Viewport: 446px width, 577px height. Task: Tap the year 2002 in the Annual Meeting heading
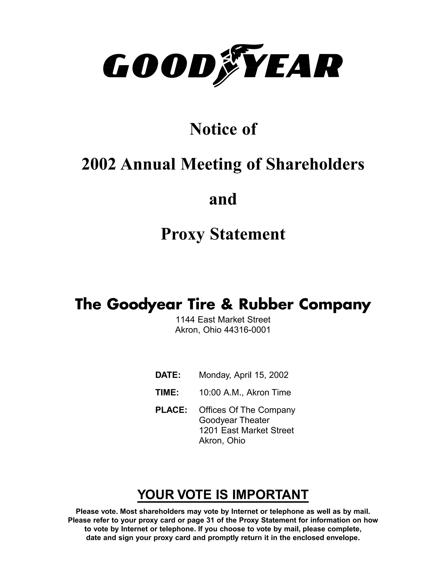tap(99, 164)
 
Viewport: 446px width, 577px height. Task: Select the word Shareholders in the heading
tap(315, 164)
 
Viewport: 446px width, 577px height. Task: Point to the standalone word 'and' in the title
tap(223, 199)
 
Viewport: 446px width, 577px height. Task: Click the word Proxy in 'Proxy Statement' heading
tap(182, 234)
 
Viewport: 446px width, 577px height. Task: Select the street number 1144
tap(185, 320)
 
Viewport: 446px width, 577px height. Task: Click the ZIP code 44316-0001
tap(247, 330)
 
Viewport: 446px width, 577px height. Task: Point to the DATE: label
tap(168, 375)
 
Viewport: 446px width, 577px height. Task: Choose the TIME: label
tap(167, 393)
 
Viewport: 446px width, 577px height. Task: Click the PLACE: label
tap(171, 410)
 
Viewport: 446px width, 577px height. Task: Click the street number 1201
tap(209, 430)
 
